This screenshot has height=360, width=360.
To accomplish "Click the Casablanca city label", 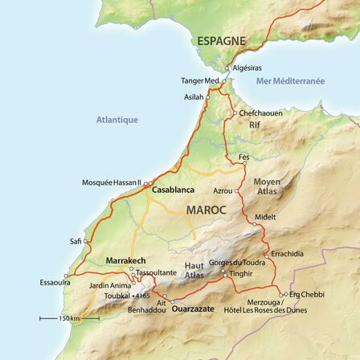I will [171, 190].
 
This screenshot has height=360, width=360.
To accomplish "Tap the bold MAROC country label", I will [207, 209].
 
